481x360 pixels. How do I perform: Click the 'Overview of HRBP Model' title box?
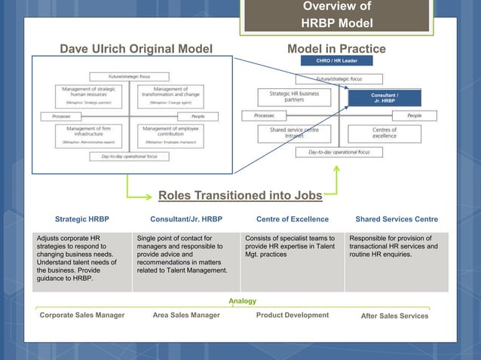(336, 16)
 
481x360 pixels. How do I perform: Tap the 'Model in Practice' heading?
(336, 50)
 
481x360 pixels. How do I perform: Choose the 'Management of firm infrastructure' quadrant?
(85, 133)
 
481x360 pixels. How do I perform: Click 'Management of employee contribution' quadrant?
(170, 133)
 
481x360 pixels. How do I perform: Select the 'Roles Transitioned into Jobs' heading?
(240, 197)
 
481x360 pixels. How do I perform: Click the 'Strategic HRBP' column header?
(82, 219)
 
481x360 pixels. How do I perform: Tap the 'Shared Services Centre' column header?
(397, 219)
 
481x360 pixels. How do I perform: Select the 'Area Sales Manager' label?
(186, 316)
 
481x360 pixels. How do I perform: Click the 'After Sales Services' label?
(394, 316)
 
